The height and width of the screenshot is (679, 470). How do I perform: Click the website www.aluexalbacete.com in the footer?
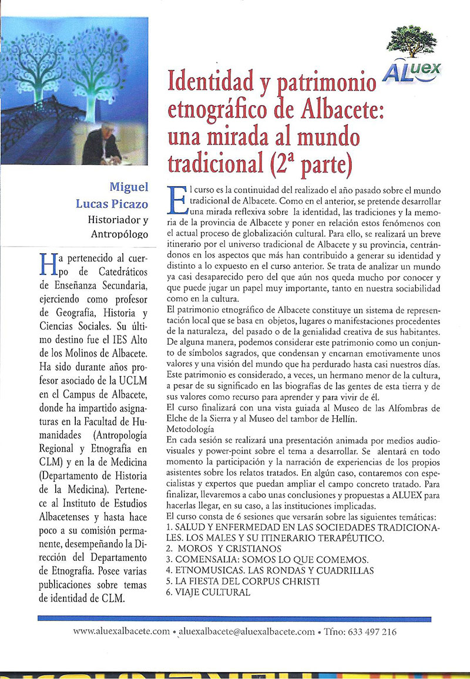pos(121,632)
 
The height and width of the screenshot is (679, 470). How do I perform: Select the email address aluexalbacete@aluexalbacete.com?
pos(247,632)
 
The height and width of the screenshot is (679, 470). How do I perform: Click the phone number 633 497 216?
pos(370,632)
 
